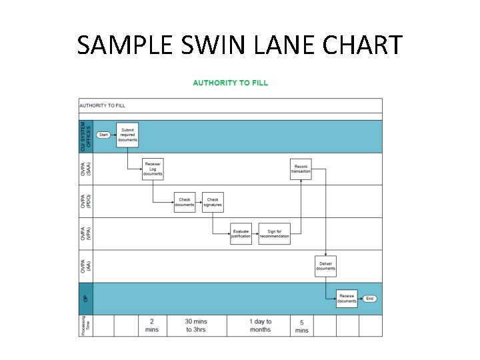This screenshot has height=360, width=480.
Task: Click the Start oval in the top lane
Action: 103,135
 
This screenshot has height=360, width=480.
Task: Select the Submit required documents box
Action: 127,135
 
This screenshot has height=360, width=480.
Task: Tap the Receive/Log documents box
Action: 153,169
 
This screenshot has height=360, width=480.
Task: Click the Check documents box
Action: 185,202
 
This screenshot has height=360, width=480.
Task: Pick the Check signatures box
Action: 213,202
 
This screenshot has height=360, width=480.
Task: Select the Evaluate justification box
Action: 241,234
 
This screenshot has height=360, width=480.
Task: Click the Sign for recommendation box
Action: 274,234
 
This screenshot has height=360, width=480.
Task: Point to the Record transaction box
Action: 301,169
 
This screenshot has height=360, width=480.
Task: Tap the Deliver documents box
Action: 325,266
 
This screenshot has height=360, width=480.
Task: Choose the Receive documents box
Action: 347,299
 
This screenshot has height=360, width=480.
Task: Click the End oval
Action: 370,299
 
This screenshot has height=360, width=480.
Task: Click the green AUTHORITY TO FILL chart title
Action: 230,83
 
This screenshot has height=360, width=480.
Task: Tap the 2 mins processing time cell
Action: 152,325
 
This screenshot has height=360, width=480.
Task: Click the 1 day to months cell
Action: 260,325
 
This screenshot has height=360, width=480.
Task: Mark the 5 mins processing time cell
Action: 301,325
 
